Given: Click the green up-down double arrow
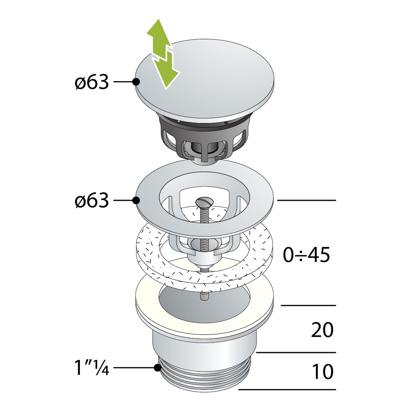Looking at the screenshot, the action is coord(163,54).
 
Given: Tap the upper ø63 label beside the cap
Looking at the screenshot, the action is coord(92,82).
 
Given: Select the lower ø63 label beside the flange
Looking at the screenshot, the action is coord(92,200).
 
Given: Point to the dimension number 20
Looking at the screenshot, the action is coord(322,330).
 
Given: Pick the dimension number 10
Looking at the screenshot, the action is coord(323,371).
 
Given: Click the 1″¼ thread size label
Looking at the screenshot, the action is coord(92,368).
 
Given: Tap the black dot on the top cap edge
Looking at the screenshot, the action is coord(136,82).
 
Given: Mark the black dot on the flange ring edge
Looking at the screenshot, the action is coord(136,200).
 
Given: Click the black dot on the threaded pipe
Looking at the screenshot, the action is coord(157,368).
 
